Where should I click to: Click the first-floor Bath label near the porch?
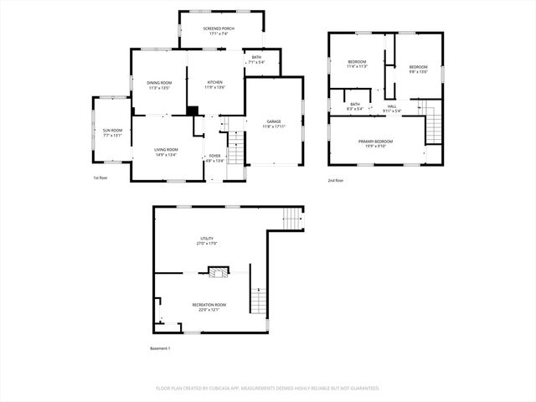pos(256,59)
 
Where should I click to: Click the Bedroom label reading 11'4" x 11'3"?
pos(358,64)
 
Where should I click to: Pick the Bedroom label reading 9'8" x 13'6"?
pos(418,69)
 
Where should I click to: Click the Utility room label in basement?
pos(207,240)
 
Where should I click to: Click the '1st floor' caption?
pos(100,178)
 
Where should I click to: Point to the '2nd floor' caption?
pos(337,181)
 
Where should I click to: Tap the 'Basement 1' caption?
pos(160,348)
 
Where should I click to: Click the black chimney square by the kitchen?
pos(193,110)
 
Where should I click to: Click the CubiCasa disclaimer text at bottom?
pos(268,388)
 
